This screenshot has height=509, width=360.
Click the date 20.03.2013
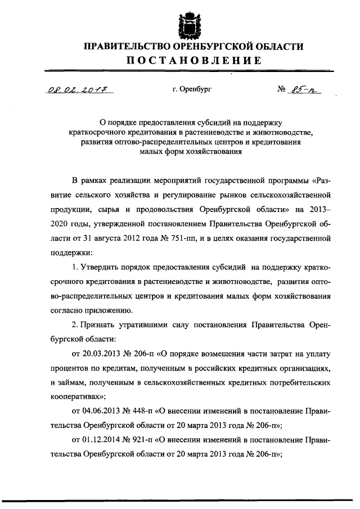click(x=102, y=354)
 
